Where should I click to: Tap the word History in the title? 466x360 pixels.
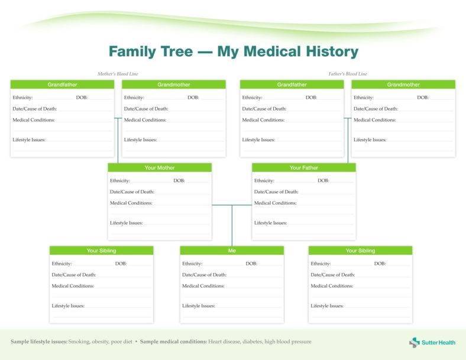pyautogui.click(x=328, y=51)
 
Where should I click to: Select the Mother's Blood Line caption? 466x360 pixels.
pyautogui.click(x=117, y=74)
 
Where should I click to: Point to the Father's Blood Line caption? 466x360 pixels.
pyautogui.click(x=348, y=74)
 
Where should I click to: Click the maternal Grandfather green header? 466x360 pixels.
pyautogui.click(x=62, y=85)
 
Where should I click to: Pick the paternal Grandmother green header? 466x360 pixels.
pyautogui.click(x=403, y=85)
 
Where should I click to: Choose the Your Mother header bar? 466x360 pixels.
pyautogui.click(x=160, y=168)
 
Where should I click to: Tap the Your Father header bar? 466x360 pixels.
pyautogui.click(x=304, y=168)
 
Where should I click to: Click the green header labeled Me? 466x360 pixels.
pyautogui.click(x=232, y=251)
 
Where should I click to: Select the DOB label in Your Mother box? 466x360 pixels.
pyautogui.click(x=179, y=181)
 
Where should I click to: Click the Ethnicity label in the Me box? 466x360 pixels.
pyautogui.click(x=192, y=264)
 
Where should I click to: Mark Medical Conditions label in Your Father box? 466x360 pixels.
pyautogui.click(x=275, y=203)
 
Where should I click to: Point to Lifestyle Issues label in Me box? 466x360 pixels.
pyautogui.click(x=199, y=306)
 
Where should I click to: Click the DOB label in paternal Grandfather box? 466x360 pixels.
pyautogui.click(x=311, y=98)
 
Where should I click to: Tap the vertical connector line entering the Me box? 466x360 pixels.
pyautogui.click(x=232, y=228)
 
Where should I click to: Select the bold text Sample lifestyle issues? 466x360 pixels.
pyautogui.click(x=38, y=342)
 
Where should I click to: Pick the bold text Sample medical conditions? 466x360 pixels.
pyautogui.click(x=173, y=342)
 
